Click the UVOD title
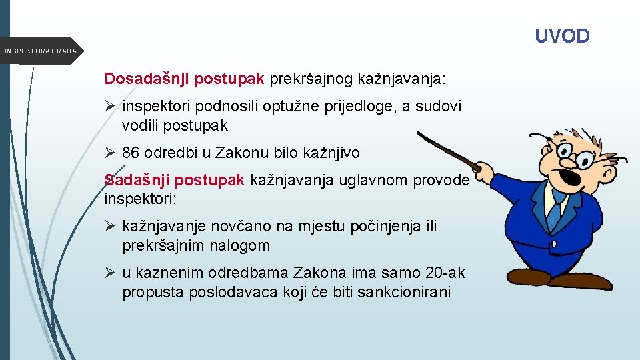coord(563,36)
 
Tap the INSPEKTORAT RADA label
coord(40,51)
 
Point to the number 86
coord(131,153)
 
